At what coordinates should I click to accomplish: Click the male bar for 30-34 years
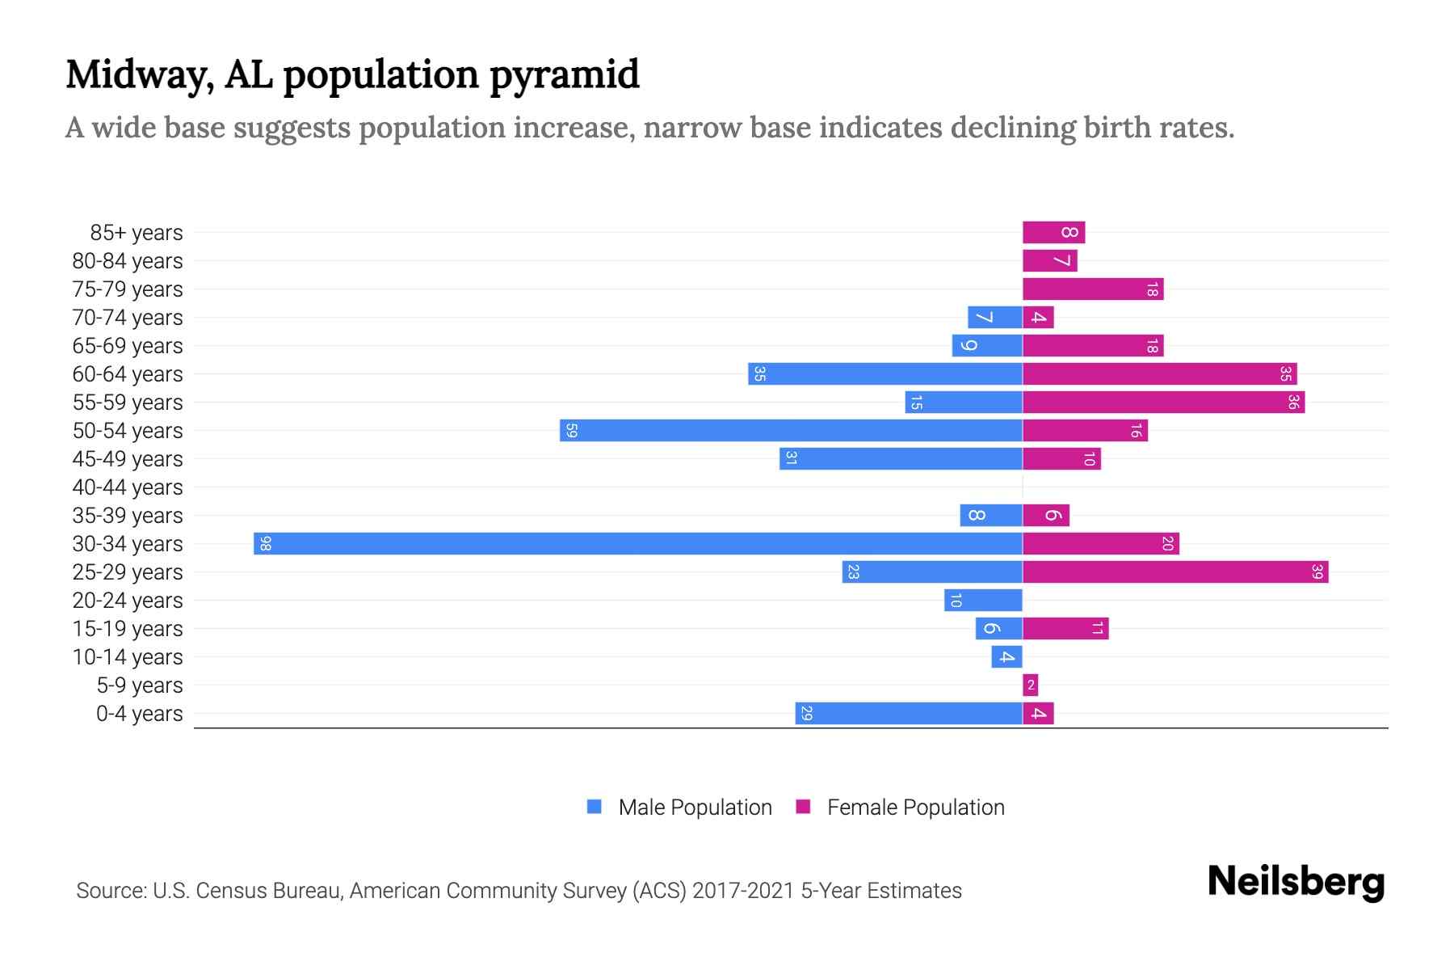point(638,543)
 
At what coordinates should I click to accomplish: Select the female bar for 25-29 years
point(1175,571)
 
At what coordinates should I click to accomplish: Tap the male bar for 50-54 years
point(792,430)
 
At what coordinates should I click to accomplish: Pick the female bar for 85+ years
point(1053,233)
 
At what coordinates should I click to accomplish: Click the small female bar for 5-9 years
point(1030,685)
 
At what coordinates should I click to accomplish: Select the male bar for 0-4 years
point(909,713)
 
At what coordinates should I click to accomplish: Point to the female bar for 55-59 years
point(1163,402)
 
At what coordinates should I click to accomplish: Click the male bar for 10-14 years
point(1006,656)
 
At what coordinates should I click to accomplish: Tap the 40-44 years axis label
point(128,487)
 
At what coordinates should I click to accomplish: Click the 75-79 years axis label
point(128,289)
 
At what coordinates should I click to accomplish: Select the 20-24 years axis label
point(128,601)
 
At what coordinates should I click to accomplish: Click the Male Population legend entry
point(694,807)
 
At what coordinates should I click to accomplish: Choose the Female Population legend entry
point(915,807)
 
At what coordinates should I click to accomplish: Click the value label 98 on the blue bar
point(266,543)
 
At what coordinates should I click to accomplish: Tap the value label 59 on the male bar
point(571,430)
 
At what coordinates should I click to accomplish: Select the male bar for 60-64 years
point(885,373)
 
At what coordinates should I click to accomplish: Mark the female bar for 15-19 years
point(1065,628)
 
